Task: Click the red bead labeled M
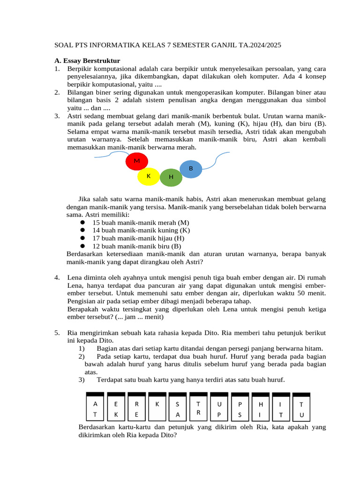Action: (x=137, y=162)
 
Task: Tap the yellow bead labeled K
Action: (x=149, y=176)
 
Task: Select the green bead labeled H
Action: (x=171, y=177)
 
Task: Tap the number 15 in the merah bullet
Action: (x=96, y=223)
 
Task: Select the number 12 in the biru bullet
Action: (x=96, y=246)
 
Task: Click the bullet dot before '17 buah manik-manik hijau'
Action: (x=82, y=238)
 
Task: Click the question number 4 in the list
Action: (x=57, y=277)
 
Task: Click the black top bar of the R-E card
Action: (x=136, y=394)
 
